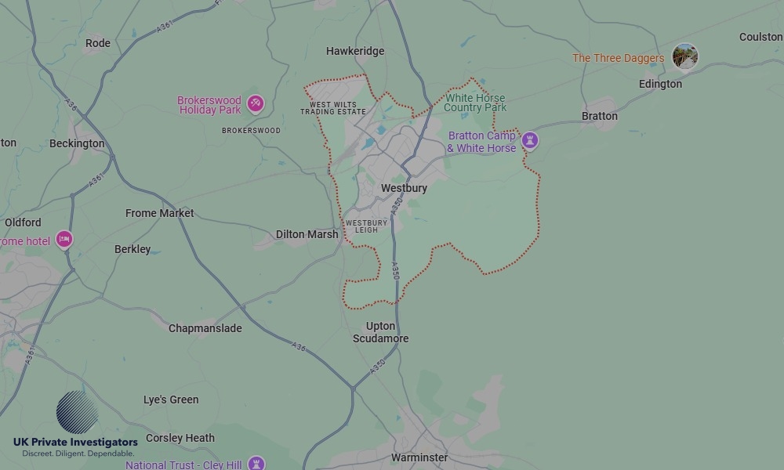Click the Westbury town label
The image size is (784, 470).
[404, 189]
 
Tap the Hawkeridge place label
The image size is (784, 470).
[355, 51]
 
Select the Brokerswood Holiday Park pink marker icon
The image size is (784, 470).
[255, 103]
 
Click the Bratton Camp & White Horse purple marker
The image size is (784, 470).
[531, 140]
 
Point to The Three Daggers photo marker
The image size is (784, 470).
[685, 56]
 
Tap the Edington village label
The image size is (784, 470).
[660, 84]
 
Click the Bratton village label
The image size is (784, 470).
[600, 116]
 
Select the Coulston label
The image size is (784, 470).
[760, 37]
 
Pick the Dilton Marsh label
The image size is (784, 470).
[307, 234]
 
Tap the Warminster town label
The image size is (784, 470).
[419, 457]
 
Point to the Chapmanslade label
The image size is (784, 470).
[205, 328]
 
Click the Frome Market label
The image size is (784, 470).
[160, 213]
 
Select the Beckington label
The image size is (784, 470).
[77, 143]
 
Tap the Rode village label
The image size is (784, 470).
[98, 43]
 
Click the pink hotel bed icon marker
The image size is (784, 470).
[64, 240]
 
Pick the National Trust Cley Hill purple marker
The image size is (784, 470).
[256, 464]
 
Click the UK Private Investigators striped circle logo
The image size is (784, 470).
[77, 412]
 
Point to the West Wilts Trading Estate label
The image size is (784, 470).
[333, 108]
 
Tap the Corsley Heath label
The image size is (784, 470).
[180, 438]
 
